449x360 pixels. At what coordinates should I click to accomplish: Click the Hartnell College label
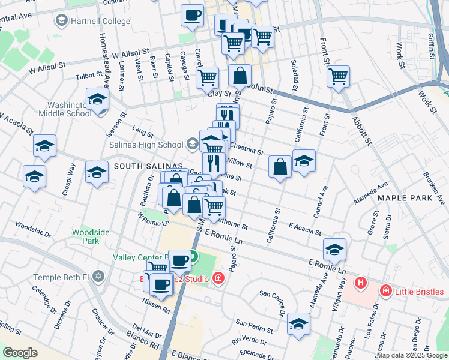pyautogui.click(x=100, y=22)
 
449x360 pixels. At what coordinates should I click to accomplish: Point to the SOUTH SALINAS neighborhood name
pyautogui.click(x=148, y=166)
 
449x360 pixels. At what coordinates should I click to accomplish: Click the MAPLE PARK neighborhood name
pyautogui.click(x=403, y=197)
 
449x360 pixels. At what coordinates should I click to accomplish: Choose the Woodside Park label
pyautogui.click(x=85, y=236)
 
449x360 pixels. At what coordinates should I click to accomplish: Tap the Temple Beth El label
pyautogui.click(x=61, y=277)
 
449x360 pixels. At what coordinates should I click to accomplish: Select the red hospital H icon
pyautogui.click(x=361, y=282)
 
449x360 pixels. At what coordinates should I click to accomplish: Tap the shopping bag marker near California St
pyautogui.click(x=280, y=167)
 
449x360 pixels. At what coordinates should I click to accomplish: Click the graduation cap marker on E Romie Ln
pyautogui.click(x=334, y=249)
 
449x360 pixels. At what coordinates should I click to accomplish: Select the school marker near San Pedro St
pyautogui.click(x=298, y=324)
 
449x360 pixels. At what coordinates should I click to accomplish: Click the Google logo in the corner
pyautogui.click(x=20, y=353)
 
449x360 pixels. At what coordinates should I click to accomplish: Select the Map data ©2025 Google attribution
pyautogui.click(x=412, y=355)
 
